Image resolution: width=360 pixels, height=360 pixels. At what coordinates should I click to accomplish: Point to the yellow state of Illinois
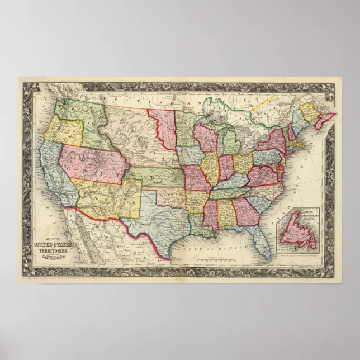[x=210, y=167]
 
